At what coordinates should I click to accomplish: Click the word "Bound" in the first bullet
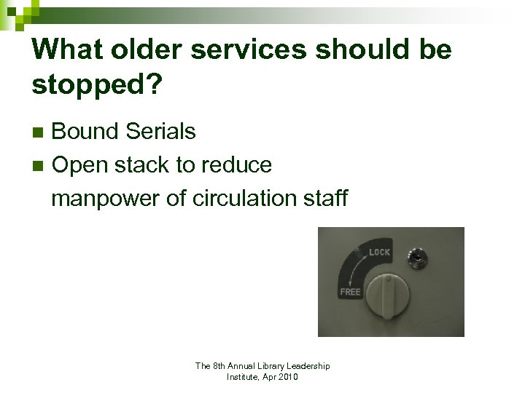click(85, 132)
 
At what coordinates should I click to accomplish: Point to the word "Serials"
click(160, 132)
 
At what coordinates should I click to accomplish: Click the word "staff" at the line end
click(327, 198)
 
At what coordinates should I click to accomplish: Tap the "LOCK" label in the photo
click(379, 253)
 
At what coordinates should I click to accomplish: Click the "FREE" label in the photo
click(350, 292)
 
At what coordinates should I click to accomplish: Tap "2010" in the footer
click(287, 377)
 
